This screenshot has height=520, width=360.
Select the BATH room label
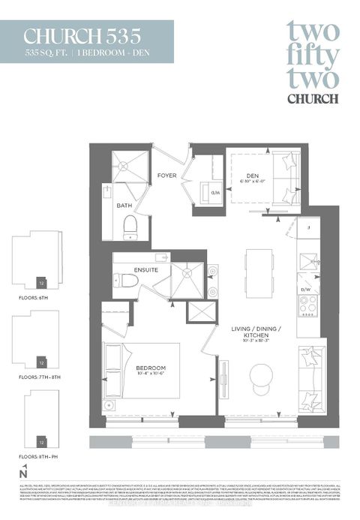(x=124, y=204)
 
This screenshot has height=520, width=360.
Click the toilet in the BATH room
(x=130, y=224)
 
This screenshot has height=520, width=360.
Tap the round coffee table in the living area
(x=262, y=375)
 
